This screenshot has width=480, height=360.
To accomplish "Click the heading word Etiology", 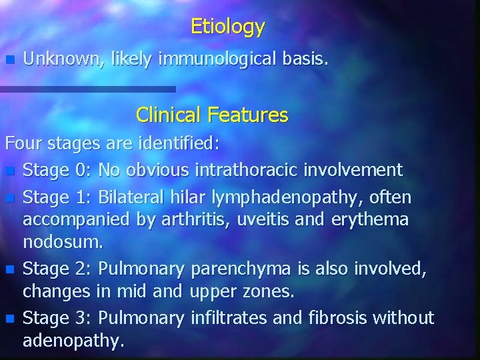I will pos(227,27).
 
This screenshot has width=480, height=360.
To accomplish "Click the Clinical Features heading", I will pos(212,115).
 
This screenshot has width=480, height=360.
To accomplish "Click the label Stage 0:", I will pos(57,170).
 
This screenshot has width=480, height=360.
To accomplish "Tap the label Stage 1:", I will pos(57,198).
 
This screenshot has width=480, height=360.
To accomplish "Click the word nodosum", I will pos(63,241).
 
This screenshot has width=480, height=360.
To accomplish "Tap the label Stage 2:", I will pos(57,269).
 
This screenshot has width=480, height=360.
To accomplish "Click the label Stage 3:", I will pos(57,318).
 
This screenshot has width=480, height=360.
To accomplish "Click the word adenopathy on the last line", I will pos(73,341).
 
